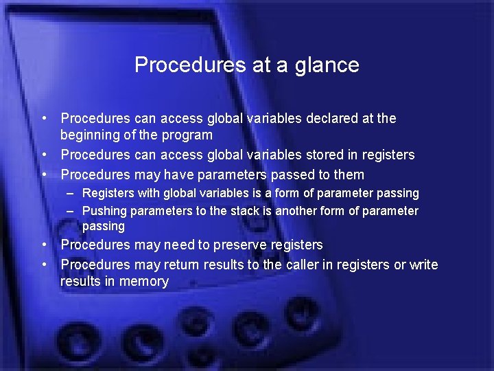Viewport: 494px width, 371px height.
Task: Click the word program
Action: pos(187,135)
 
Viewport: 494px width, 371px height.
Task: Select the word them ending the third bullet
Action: pos(349,175)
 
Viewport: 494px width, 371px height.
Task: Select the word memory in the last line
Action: pos(144,282)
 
